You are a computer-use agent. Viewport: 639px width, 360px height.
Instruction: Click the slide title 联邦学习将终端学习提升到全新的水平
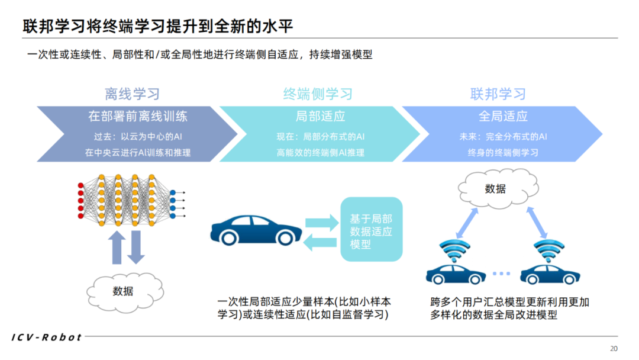(x=158, y=27)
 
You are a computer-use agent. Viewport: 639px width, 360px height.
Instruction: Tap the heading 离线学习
(x=132, y=94)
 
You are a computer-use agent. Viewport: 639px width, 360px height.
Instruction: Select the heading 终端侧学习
(x=318, y=94)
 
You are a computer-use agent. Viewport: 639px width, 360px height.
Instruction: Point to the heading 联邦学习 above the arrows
(x=498, y=94)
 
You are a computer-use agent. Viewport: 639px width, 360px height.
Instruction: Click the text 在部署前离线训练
(x=138, y=116)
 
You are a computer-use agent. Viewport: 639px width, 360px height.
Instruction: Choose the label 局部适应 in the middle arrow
(x=320, y=116)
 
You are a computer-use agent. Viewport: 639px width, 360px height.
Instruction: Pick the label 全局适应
(x=503, y=116)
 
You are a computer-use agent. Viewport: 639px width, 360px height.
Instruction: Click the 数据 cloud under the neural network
(x=122, y=291)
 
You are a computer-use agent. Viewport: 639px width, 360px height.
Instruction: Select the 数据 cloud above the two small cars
(x=495, y=189)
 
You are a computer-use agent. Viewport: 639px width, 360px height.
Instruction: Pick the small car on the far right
(x=550, y=274)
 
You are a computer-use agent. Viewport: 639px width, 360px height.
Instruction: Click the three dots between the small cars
(x=501, y=274)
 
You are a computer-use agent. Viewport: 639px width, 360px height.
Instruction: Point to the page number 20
(x=614, y=348)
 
